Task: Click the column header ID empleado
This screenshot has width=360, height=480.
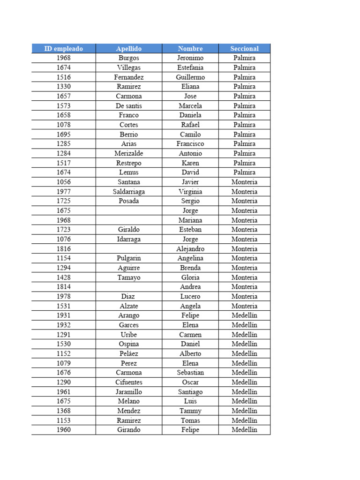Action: [x=64, y=49]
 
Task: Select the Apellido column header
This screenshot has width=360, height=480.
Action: [x=129, y=49]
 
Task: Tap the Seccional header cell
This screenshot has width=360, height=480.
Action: [x=244, y=49]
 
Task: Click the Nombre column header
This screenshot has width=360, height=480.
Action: [x=190, y=49]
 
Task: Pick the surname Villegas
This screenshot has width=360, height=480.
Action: [x=129, y=67]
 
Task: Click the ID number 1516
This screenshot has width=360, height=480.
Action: [x=64, y=77]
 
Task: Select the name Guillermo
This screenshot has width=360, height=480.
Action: [x=190, y=77]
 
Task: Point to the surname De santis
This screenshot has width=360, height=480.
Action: [x=129, y=106]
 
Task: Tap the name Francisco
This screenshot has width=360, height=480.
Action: [x=190, y=144]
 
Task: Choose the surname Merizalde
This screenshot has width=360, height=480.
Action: [x=129, y=154]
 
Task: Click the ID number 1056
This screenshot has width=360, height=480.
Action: [x=64, y=182]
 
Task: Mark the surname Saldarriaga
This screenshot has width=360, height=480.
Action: [x=129, y=192]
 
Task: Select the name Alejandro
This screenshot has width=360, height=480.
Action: [x=190, y=249]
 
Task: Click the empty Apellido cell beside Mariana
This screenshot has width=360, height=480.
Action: [x=129, y=220]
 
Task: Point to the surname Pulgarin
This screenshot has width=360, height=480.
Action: [x=129, y=258]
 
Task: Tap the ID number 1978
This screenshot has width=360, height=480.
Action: [x=64, y=297]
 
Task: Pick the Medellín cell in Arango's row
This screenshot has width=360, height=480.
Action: [x=244, y=315]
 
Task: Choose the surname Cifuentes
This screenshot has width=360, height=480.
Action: [x=129, y=382]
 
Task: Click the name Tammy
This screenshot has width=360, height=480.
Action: [x=190, y=411]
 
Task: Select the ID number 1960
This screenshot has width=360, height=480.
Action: [x=64, y=430]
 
